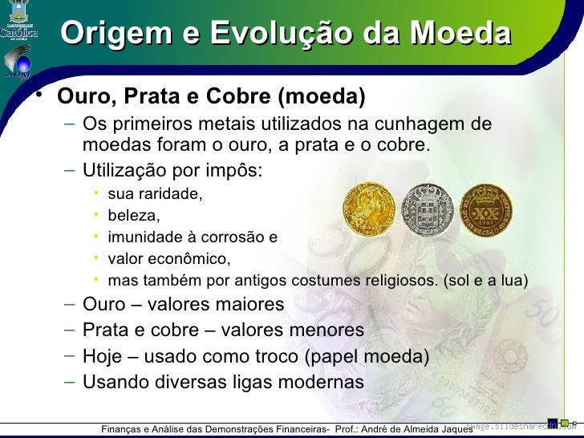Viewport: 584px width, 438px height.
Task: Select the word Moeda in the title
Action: (459, 34)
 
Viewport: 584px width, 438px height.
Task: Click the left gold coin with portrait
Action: (369, 209)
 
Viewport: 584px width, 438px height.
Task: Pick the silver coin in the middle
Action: (427, 209)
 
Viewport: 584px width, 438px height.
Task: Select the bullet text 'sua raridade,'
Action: (155, 194)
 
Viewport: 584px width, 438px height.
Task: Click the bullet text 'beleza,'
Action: (134, 216)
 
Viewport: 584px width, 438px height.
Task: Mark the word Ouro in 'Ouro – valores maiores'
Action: (104, 305)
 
